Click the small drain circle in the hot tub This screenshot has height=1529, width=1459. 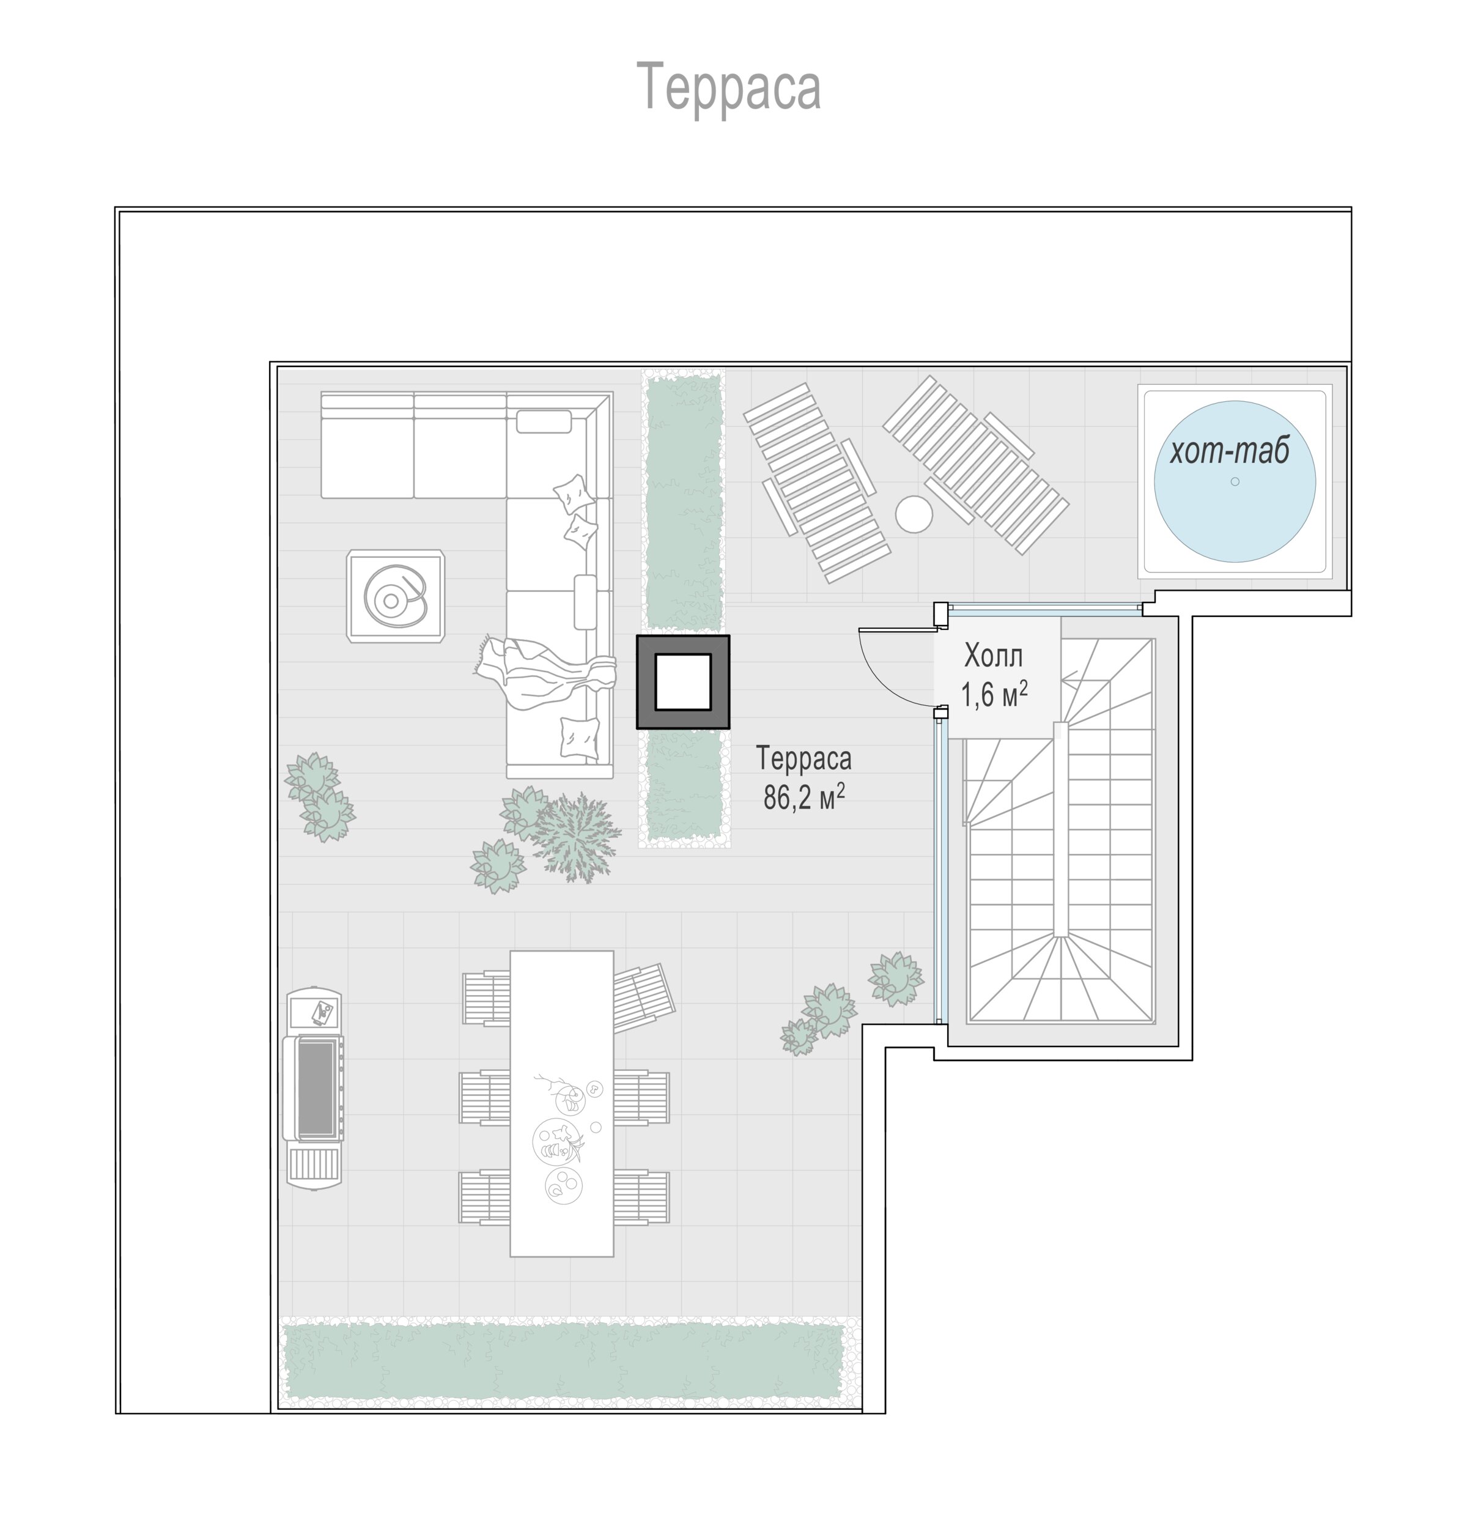(x=1235, y=481)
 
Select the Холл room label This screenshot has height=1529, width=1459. (x=993, y=656)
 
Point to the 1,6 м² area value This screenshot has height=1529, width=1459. (x=994, y=694)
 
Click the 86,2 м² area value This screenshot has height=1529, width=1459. (x=803, y=796)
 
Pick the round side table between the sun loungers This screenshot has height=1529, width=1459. (x=914, y=514)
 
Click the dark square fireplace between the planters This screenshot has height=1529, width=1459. (x=683, y=682)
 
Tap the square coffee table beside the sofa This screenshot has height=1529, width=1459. (x=396, y=596)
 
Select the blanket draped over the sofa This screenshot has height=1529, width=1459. (x=544, y=671)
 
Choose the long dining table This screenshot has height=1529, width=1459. (x=561, y=1103)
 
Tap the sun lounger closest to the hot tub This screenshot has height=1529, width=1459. (x=976, y=464)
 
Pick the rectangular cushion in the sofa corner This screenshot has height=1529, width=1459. (x=544, y=421)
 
